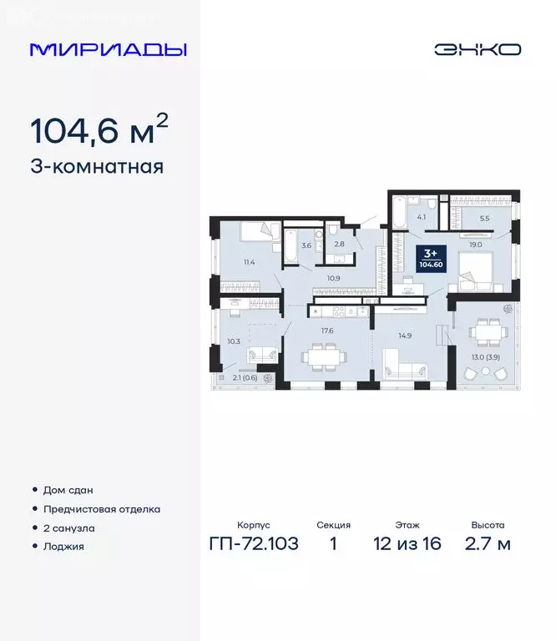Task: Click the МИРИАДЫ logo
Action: pos(108,49)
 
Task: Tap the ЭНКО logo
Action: pos(478,49)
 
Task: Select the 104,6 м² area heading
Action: pos(99,129)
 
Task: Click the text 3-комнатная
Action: pos(97,167)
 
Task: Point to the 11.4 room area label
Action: pos(249,262)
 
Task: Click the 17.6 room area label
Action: pos(326,330)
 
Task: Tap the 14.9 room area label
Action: pos(405,335)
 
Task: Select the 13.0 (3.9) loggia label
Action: pos(488,358)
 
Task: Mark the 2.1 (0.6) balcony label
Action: pos(245,377)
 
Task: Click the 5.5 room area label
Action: pos(484,220)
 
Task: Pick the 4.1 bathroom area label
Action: pos(422,218)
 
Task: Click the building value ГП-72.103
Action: pos(252,545)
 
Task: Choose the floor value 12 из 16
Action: pos(408,545)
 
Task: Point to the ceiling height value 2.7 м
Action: pos(487,545)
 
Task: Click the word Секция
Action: pos(333,525)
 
